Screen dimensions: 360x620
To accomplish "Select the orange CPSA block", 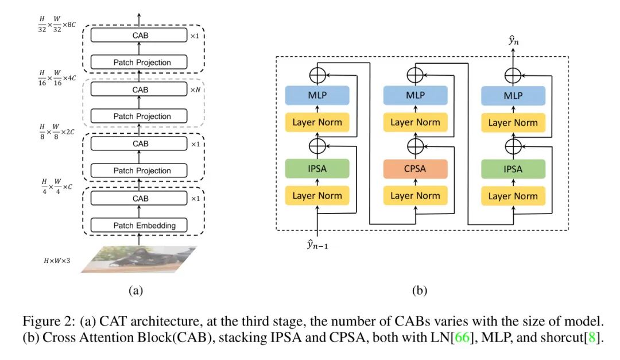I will [x=415, y=169].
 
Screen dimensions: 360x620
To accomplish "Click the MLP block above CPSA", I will [x=415, y=95].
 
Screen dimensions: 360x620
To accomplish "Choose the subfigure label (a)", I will [x=135, y=291].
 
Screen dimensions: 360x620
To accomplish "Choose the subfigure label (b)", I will [x=420, y=291].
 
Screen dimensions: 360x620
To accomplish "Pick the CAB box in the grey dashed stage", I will [x=140, y=90].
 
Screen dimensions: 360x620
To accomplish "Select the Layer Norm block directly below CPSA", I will [x=415, y=196].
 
